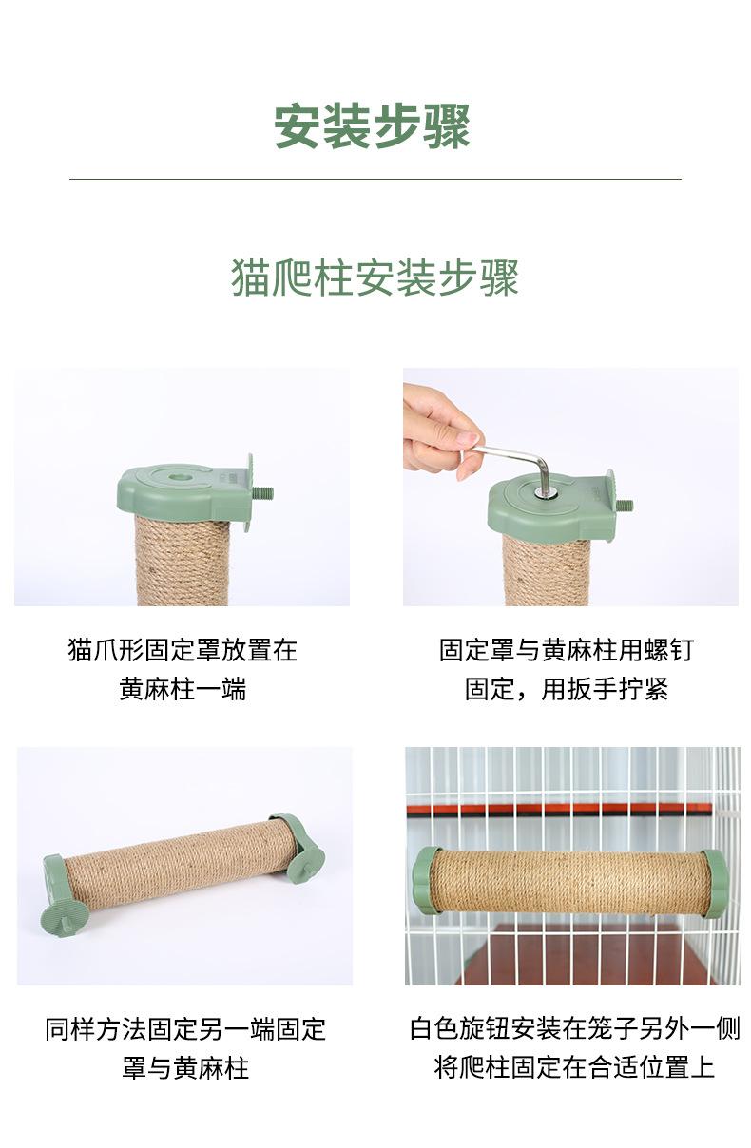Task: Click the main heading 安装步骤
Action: point(373,126)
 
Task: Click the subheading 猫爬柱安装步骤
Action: point(375,277)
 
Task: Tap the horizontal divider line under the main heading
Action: point(375,179)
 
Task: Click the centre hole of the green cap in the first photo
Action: point(180,472)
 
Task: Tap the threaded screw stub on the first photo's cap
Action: point(263,493)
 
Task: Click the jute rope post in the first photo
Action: point(182,561)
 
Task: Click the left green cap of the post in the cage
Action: point(427,881)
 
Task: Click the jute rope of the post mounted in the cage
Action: point(570,882)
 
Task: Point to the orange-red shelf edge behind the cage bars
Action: point(561,809)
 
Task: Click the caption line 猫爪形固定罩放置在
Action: point(183,650)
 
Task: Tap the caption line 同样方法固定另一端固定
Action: point(185,1028)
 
